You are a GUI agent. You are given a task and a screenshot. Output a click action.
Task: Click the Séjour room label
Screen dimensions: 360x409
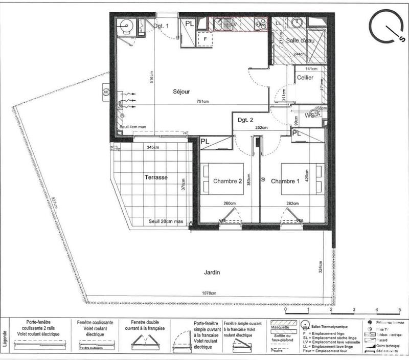coord(181,92)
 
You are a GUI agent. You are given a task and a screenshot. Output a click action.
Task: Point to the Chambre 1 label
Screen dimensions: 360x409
coord(285,182)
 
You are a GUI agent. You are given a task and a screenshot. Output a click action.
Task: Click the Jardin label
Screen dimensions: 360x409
coord(211,273)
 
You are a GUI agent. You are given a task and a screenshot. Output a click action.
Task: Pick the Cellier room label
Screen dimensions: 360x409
coord(305,78)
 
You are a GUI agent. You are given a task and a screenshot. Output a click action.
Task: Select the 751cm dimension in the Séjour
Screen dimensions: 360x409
coord(203,101)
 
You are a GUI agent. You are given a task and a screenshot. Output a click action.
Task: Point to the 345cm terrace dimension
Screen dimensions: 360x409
coord(153,147)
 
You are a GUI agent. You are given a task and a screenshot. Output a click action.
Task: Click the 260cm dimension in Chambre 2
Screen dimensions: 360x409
coord(229,204)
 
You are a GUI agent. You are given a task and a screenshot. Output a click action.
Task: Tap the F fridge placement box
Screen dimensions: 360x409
coord(205,38)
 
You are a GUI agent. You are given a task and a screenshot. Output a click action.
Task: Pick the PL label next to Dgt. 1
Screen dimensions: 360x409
coord(189,24)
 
